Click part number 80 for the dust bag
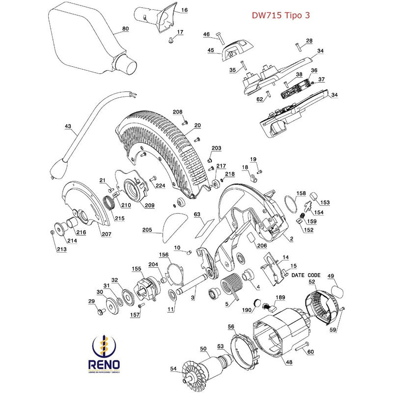pos(125,29)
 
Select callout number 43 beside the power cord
pos(68,126)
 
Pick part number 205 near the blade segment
pos(147,229)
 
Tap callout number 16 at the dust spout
pos(185,10)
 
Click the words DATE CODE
pos(306,275)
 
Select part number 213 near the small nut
pos(61,250)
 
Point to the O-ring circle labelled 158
pos(291,201)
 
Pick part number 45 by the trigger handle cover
pos(210,50)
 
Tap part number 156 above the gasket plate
pos(164,254)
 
